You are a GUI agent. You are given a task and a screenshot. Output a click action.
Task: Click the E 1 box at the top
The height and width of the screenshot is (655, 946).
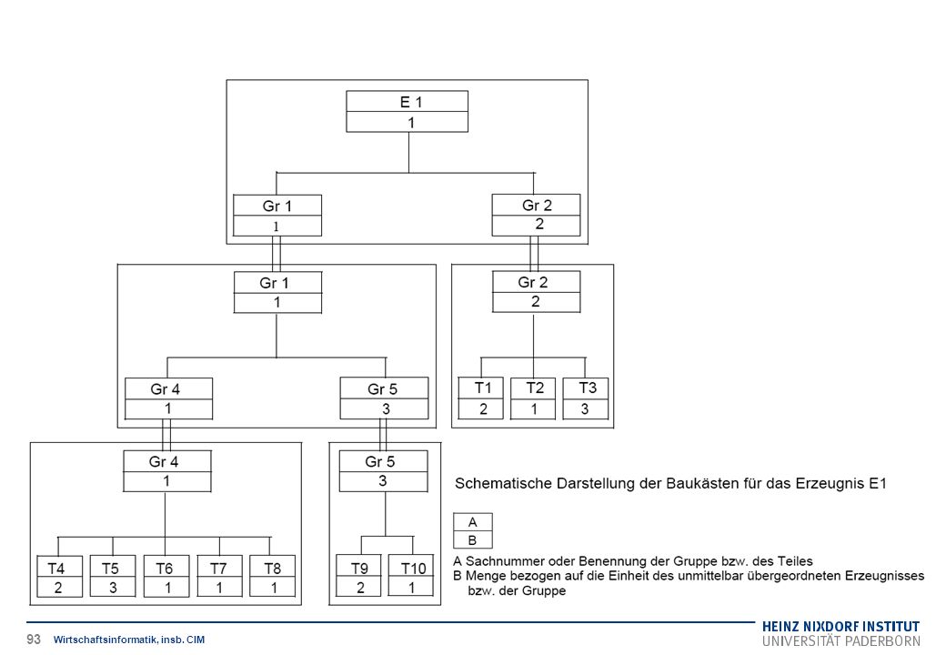(x=408, y=112)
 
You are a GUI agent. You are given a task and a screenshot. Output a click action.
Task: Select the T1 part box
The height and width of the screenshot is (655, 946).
(x=481, y=398)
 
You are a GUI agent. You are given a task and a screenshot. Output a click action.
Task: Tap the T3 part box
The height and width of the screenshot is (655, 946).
(x=585, y=398)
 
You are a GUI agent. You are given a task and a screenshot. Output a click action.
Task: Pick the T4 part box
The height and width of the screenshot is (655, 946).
(x=60, y=576)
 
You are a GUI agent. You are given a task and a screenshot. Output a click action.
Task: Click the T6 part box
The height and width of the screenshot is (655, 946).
(x=166, y=576)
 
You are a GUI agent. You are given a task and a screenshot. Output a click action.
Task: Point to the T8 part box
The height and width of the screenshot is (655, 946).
(x=273, y=576)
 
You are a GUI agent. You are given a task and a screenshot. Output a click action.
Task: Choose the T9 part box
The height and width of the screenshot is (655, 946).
(x=358, y=575)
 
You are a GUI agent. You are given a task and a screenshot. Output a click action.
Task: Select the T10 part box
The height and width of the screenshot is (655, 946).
(x=411, y=575)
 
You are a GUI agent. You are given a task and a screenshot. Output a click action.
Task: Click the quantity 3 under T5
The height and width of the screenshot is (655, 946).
(x=113, y=588)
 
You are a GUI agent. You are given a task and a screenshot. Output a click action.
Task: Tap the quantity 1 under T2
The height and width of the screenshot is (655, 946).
(x=534, y=409)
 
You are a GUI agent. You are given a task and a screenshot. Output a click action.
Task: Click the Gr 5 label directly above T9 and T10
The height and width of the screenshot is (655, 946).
(x=380, y=462)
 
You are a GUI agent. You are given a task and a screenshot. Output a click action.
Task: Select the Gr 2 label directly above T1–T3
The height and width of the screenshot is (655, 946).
(x=533, y=282)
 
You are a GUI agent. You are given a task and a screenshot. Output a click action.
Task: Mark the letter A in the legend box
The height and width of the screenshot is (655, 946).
(x=472, y=522)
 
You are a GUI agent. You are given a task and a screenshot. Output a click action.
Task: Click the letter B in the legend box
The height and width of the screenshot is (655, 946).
(x=472, y=540)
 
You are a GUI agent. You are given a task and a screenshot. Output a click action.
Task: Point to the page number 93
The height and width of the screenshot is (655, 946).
(x=34, y=640)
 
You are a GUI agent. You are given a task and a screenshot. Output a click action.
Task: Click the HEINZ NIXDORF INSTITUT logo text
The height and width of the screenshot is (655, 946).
(x=841, y=627)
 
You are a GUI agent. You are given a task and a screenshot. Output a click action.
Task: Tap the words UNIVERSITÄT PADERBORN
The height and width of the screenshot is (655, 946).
(x=841, y=641)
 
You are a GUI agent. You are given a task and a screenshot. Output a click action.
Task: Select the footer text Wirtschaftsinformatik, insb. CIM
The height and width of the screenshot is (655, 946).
(x=129, y=640)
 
